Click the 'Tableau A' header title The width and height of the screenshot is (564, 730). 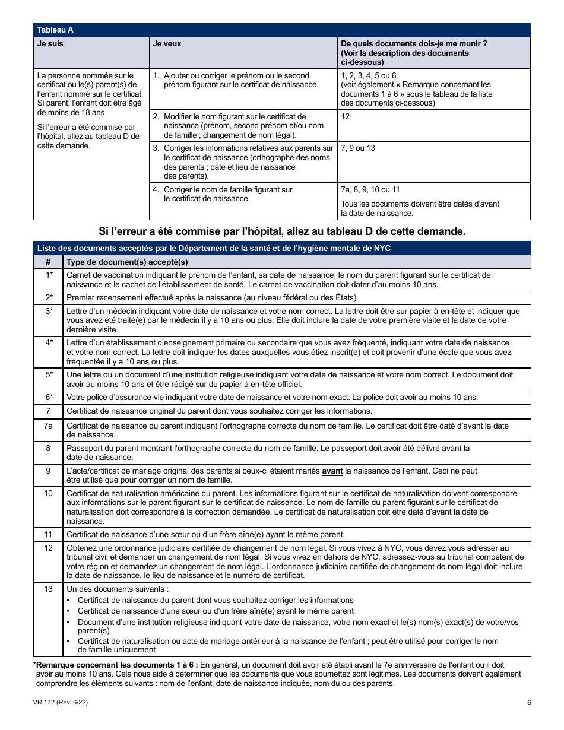(x=55, y=30)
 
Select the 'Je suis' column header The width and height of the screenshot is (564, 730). (x=50, y=44)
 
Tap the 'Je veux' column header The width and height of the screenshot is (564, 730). (x=167, y=44)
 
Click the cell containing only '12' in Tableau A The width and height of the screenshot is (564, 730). (x=346, y=117)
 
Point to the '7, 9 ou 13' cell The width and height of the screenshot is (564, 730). (x=358, y=148)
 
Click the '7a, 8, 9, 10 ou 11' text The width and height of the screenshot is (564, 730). (x=370, y=190)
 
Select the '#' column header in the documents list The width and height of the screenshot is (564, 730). (x=48, y=262)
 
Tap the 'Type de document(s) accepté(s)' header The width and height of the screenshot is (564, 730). (x=127, y=262)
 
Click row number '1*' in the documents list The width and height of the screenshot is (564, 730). (x=49, y=275)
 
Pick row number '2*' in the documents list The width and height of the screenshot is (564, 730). (x=49, y=297)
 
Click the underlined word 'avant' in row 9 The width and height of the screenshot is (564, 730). (x=332, y=471)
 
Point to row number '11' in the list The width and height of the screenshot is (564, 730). (x=49, y=534)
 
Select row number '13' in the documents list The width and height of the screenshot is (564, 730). (x=49, y=589)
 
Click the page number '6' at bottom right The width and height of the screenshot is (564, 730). (x=528, y=703)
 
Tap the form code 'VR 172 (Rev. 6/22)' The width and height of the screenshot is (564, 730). (x=61, y=703)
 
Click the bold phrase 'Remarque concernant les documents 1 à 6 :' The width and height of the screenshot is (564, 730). (x=117, y=665)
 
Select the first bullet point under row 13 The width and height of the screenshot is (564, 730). (x=216, y=601)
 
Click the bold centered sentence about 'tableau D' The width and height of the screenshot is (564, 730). (x=282, y=231)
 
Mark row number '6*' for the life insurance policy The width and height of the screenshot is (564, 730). (x=49, y=397)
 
